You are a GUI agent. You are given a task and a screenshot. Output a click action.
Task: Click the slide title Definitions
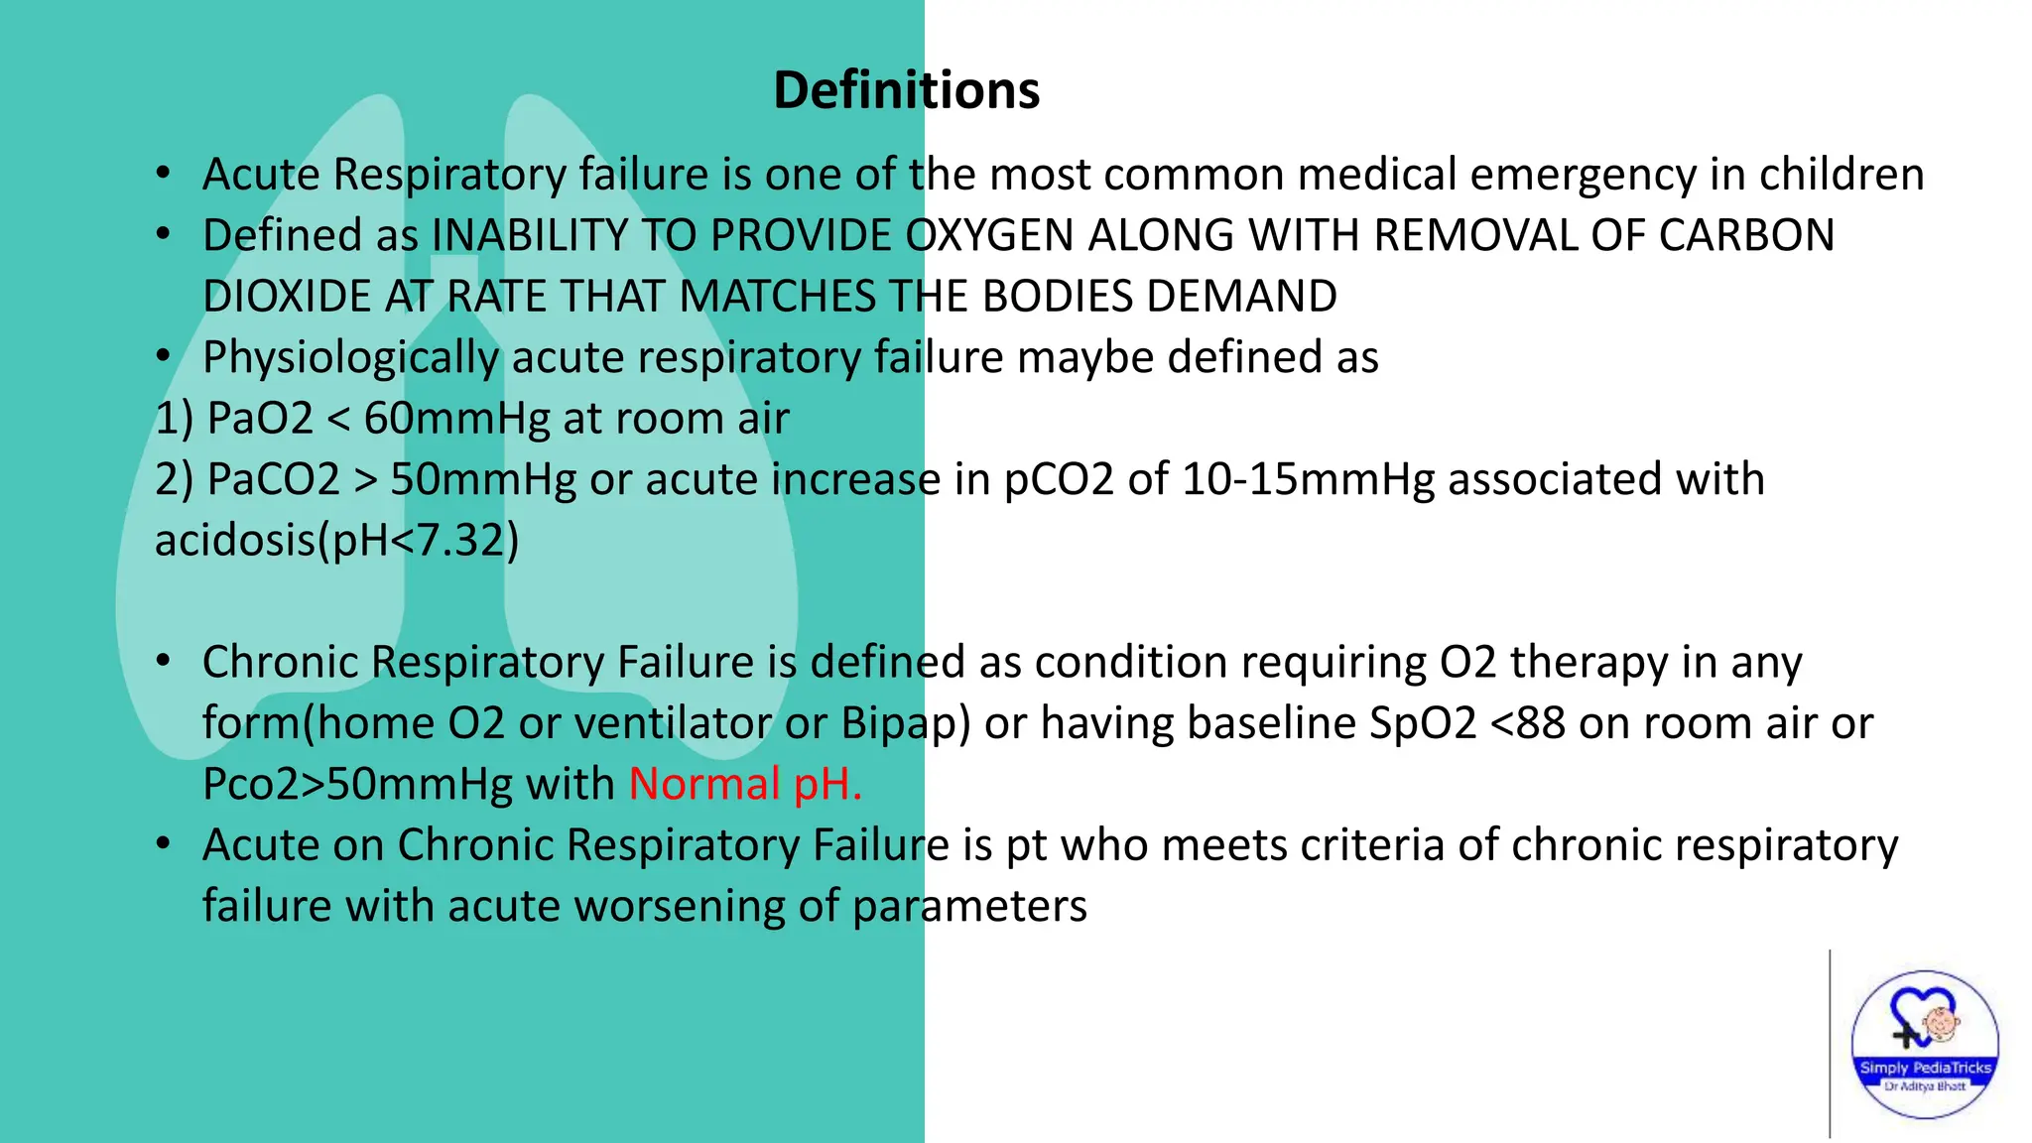906,90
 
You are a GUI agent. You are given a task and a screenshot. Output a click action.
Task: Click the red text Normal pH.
745,784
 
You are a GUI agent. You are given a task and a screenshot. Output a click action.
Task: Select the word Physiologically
350,358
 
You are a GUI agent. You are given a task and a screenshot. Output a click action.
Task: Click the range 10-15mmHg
1308,479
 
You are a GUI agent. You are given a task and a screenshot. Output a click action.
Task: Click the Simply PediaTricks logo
1925,1045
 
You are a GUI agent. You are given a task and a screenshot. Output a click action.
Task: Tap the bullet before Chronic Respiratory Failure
164,661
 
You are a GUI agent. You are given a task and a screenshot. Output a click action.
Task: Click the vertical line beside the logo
1830,1042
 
